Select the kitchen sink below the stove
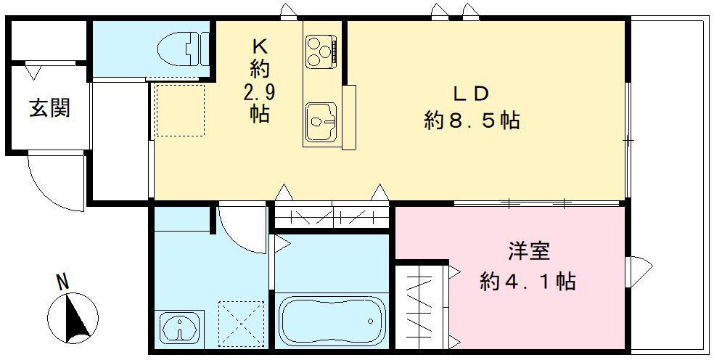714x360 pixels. point(320,122)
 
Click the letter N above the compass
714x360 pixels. point(63,280)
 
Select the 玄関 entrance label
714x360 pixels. point(49,109)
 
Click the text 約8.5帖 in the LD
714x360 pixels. point(472,120)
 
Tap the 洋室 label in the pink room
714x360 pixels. point(528,252)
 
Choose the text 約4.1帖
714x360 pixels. point(528,281)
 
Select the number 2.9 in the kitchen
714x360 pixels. point(259,92)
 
